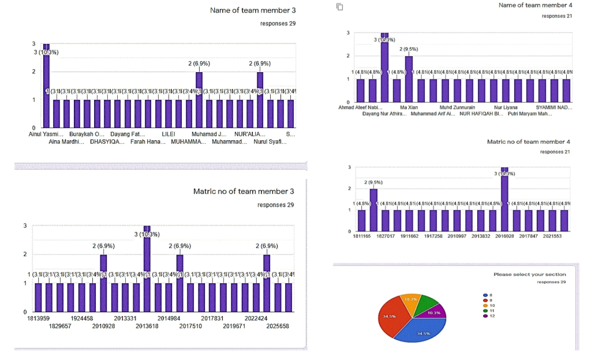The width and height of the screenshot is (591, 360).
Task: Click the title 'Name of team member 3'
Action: (x=253, y=10)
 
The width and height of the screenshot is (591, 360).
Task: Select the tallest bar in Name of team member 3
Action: (x=46, y=87)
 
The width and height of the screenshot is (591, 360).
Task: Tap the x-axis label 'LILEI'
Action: (x=169, y=134)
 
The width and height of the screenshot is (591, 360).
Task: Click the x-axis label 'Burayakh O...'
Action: (x=87, y=134)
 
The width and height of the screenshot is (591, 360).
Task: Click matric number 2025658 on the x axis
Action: (x=274, y=326)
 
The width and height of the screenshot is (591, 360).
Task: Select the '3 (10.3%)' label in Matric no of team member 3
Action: (x=147, y=234)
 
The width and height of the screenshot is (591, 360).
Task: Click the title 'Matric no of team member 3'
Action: (x=244, y=191)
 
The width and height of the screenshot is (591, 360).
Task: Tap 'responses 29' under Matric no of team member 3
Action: (x=275, y=205)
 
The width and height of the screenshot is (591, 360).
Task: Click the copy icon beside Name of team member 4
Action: (x=340, y=6)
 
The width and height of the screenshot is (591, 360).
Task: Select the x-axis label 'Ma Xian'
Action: (x=409, y=107)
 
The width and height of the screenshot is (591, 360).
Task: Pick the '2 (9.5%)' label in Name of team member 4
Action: (x=408, y=49)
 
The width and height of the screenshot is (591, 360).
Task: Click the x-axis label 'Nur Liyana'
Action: (x=506, y=107)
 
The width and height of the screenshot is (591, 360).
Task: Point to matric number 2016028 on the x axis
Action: (x=506, y=236)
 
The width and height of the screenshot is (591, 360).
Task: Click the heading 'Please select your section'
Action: (x=530, y=275)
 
